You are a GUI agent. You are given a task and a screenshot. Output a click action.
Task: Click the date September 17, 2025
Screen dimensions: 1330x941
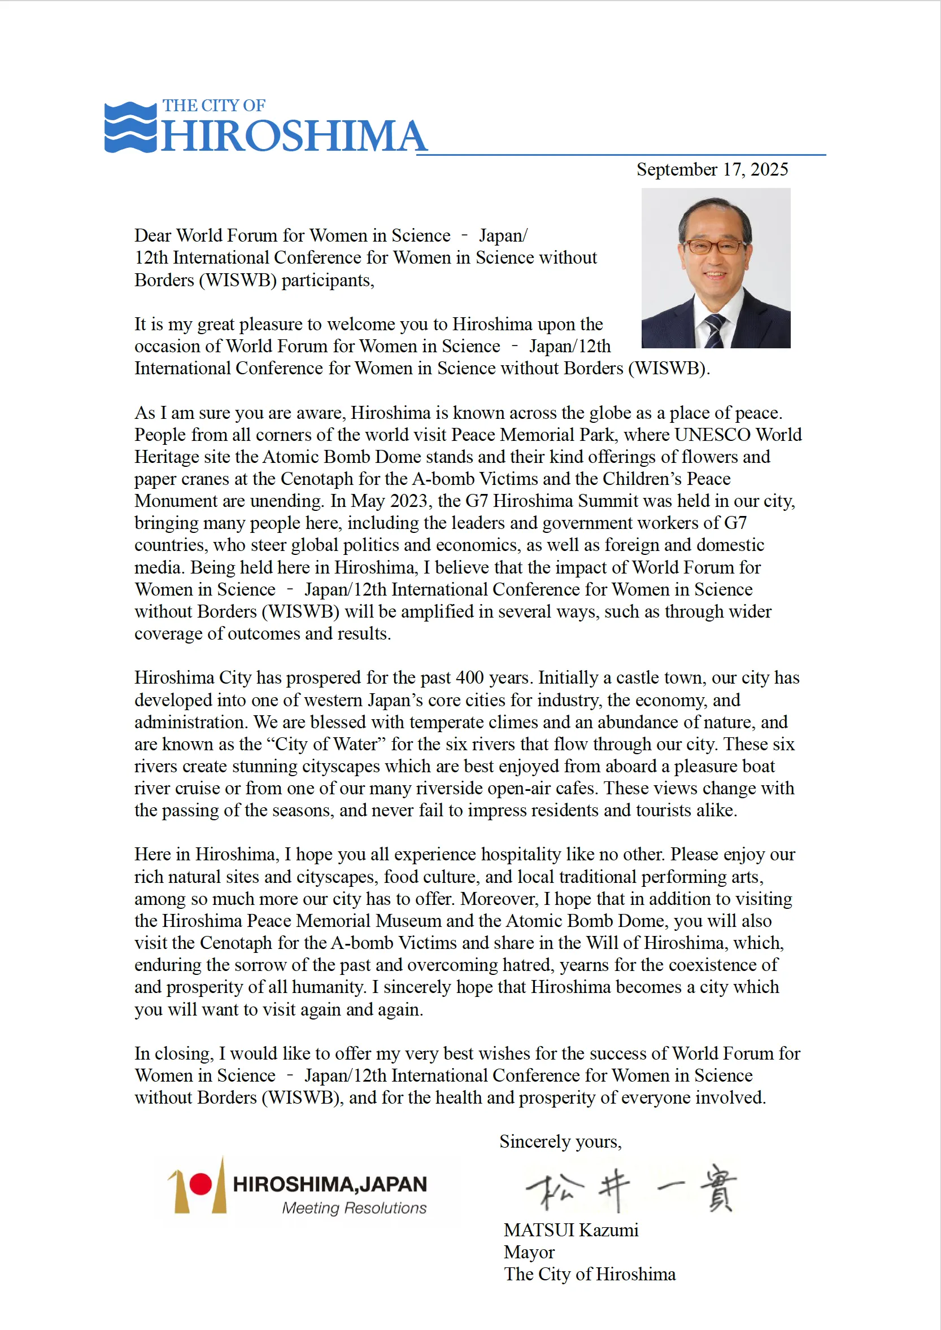(x=712, y=169)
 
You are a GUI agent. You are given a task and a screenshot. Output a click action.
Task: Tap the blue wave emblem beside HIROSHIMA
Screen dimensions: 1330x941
(x=130, y=128)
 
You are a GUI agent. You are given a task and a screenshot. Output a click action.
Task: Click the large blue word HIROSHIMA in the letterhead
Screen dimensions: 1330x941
(x=293, y=136)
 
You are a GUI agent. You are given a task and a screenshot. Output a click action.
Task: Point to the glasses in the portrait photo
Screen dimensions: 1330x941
(x=713, y=246)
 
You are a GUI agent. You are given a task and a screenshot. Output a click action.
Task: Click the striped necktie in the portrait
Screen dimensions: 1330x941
(x=715, y=330)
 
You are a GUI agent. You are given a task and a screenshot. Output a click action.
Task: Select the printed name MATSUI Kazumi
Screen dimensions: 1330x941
(x=570, y=1230)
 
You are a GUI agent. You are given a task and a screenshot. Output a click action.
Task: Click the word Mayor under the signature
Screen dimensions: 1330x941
(x=529, y=1252)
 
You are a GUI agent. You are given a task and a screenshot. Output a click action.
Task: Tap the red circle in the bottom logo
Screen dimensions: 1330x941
(x=201, y=1184)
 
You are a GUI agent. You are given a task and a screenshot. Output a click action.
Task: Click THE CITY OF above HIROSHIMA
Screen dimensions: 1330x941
(x=214, y=106)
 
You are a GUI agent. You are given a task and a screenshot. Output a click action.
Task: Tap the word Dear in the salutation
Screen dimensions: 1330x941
(x=153, y=235)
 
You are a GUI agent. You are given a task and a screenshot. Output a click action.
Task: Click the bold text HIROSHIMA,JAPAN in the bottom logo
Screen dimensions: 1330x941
(x=330, y=1184)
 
